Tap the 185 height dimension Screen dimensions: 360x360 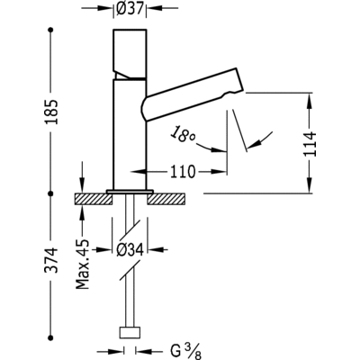point(50,112)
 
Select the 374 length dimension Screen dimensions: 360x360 point(50,260)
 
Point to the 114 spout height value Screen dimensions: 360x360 point(310,144)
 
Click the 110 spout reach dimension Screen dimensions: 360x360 point(183,172)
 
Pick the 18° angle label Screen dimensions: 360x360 point(183,135)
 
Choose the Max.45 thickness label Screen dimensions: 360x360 point(83,265)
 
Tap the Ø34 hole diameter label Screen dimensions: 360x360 point(130,249)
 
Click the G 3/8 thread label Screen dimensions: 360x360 point(185,352)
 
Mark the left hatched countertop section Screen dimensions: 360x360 point(94,199)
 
